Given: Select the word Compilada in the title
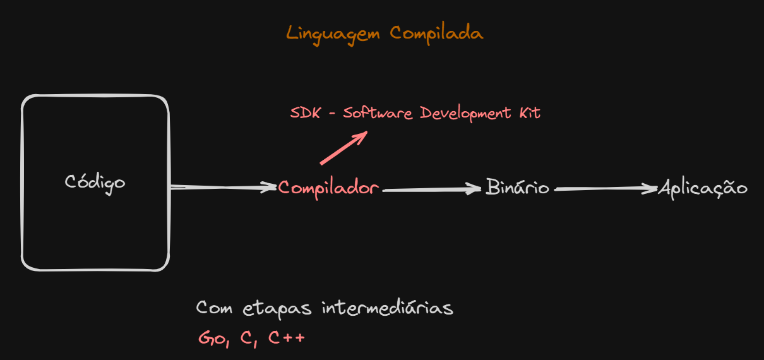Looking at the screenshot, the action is (x=436, y=33).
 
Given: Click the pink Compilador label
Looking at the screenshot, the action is (x=328, y=188).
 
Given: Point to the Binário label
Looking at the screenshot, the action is (x=517, y=187).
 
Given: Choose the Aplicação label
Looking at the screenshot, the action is (x=703, y=188).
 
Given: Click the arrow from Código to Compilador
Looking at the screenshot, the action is (x=224, y=187).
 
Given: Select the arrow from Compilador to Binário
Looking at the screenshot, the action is (x=432, y=189).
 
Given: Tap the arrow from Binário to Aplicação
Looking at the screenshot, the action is (x=606, y=188).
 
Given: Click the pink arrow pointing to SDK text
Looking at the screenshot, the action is (x=343, y=148).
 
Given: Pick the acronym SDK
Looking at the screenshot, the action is (x=305, y=113).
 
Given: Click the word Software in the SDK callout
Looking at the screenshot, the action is (x=378, y=113).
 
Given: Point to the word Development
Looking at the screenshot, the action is (x=465, y=114).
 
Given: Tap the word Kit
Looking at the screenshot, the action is (x=530, y=112).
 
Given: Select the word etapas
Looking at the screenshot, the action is (x=277, y=309).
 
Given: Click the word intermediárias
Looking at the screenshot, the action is (x=388, y=308).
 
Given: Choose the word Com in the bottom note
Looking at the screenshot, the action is (x=214, y=308).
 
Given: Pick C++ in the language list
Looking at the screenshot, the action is (x=287, y=337).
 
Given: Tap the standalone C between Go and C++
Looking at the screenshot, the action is (x=246, y=337).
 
